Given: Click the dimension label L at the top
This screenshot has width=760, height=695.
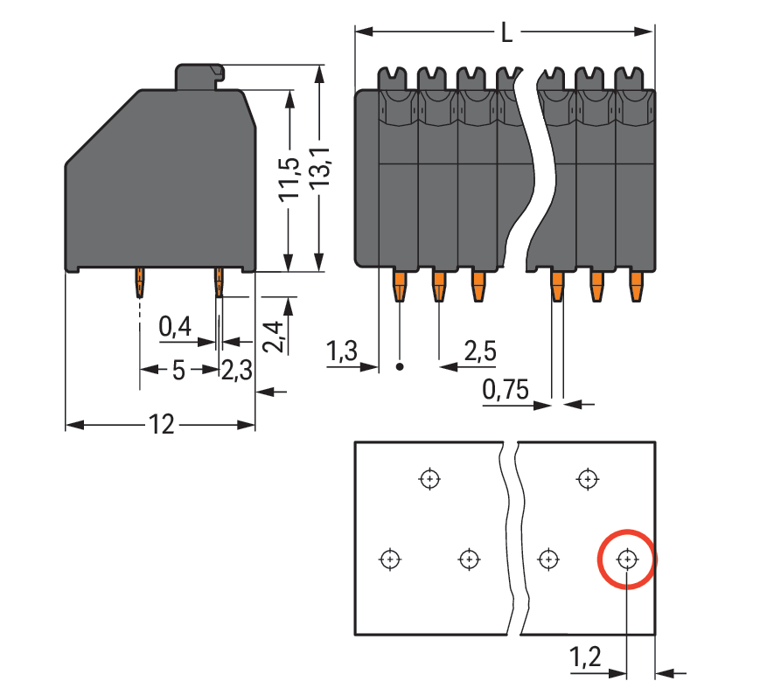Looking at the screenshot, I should pyautogui.click(x=507, y=33).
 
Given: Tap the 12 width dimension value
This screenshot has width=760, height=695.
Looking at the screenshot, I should pyautogui.click(x=161, y=426).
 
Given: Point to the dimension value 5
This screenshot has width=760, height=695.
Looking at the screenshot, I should pyautogui.click(x=178, y=370).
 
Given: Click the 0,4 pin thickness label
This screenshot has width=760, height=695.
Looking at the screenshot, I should pyautogui.click(x=175, y=329).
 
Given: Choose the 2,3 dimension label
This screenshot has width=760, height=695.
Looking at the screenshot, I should pyautogui.click(x=236, y=370).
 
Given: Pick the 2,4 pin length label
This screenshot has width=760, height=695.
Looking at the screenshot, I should pyautogui.click(x=273, y=336).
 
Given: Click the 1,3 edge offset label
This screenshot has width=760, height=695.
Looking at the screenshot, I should pyautogui.click(x=341, y=353).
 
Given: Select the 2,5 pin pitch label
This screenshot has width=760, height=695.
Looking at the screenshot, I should pyautogui.click(x=480, y=353).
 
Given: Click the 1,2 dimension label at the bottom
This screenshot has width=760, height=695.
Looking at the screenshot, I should pyautogui.click(x=585, y=657).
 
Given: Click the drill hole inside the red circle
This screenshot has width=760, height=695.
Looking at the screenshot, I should pyautogui.click(x=627, y=559).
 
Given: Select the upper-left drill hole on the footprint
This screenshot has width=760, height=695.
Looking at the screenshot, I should pyautogui.click(x=429, y=479).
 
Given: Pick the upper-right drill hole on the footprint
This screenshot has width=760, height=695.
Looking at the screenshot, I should pyautogui.click(x=587, y=479).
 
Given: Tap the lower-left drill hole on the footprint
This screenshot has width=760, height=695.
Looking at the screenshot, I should pyautogui.click(x=390, y=559).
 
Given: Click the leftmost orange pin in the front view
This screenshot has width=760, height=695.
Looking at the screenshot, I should pyautogui.click(x=399, y=286).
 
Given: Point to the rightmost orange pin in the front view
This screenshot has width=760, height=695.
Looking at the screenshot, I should pyautogui.click(x=637, y=286).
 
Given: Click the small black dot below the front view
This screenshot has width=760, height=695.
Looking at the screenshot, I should pyautogui.click(x=401, y=367).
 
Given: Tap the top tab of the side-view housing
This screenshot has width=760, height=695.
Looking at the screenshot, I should pyautogui.click(x=199, y=77).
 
